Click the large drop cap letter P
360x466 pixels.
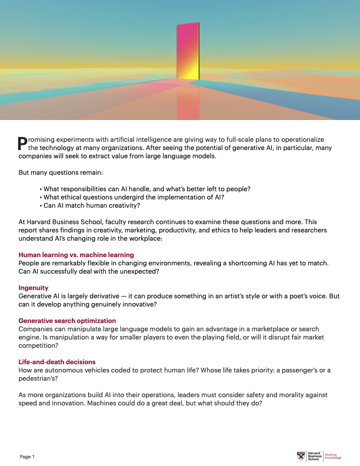[x=23, y=142]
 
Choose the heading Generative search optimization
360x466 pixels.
[x=67, y=321]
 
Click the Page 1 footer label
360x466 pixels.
[x=28, y=457]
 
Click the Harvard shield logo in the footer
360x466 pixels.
[x=302, y=456]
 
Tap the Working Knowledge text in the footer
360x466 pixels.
[x=332, y=456]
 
